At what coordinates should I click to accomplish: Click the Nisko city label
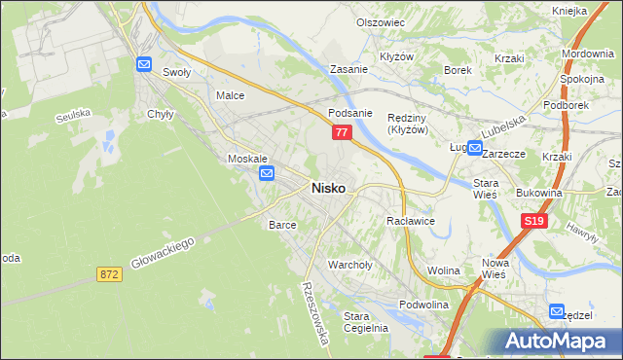pos(327,189)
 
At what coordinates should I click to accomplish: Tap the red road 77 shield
pos(341,130)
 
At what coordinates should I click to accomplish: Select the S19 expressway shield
pos(532,222)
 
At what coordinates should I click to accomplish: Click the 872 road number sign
pos(109,275)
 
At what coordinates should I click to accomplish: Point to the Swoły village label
pos(176,72)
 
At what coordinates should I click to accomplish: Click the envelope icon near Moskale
pos(268,173)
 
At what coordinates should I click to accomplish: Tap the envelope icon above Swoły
pos(143,64)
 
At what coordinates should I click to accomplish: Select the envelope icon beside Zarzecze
pos(474,149)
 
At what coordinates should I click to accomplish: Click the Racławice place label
pos(410,221)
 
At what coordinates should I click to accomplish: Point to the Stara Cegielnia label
pos(367,321)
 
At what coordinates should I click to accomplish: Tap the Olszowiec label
pos(380,21)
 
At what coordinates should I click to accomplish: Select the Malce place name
pos(230,95)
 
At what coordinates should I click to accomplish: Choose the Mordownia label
pos(587,53)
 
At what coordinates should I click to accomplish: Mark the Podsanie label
pos(351,112)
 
